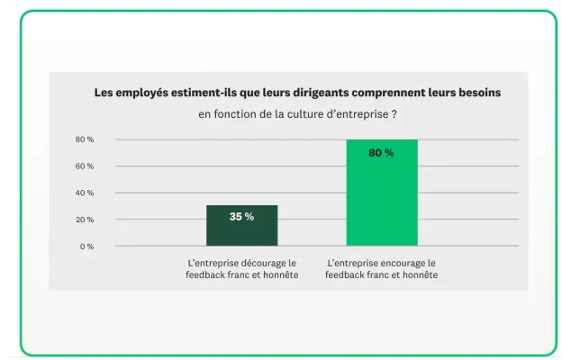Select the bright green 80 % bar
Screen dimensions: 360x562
coord(382,202)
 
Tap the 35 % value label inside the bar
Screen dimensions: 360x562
coord(241,217)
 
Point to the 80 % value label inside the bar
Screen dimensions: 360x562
coord(381,153)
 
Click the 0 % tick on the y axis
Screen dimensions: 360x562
coord(86,247)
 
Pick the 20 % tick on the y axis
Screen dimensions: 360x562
coord(85,220)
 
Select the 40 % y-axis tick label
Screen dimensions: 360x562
coord(85,193)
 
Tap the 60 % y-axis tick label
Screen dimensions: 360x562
coord(85,166)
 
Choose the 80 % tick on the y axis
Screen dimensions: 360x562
coord(85,139)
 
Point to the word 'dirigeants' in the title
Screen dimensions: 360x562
coord(332,93)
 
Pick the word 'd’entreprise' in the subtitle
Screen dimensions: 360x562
coord(360,114)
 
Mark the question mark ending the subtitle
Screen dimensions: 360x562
coord(395,114)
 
